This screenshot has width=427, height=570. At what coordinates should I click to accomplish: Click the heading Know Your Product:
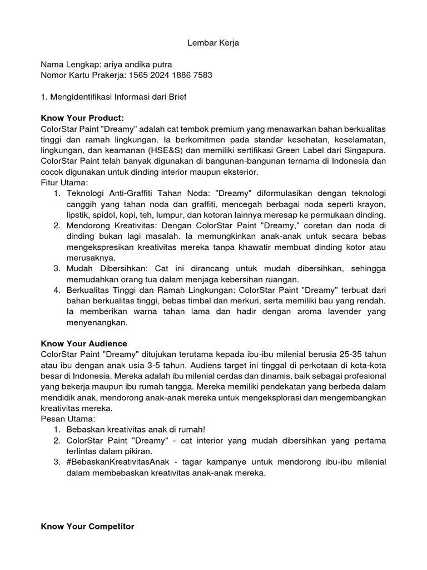pyautogui.click(x=82, y=118)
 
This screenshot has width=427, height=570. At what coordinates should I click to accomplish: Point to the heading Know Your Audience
pyautogui.click(x=84, y=343)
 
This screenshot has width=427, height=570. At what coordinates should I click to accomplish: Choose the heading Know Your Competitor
pyautogui.click(x=87, y=526)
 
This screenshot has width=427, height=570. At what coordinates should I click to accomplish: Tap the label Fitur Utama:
pyautogui.click(x=64, y=183)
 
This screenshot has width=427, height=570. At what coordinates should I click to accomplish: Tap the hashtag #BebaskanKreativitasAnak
pyautogui.click(x=118, y=463)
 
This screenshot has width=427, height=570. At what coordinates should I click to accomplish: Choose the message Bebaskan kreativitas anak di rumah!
pyautogui.click(x=136, y=430)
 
